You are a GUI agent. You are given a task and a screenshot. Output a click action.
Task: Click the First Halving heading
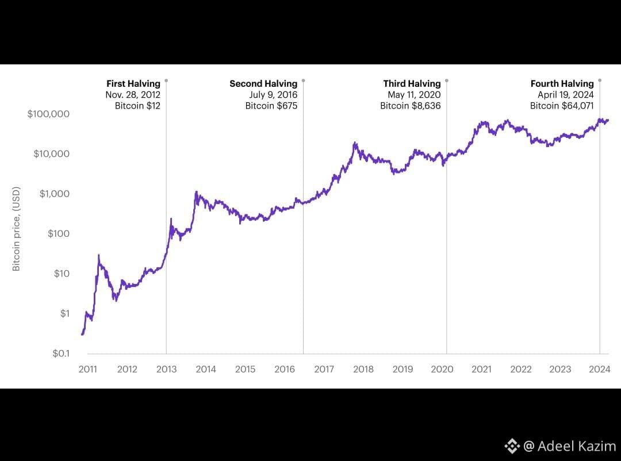point(133,84)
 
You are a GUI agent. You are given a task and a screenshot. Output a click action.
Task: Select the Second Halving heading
point(263,84)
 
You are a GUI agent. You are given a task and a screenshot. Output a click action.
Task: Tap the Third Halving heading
point(412,84)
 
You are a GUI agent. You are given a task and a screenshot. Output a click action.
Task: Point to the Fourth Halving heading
point(562,84)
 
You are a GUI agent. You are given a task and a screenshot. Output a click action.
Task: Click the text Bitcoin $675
point(271,106)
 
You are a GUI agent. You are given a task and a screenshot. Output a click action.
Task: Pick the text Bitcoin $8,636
point(410,106)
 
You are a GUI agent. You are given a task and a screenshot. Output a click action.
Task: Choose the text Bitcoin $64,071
point(561,106)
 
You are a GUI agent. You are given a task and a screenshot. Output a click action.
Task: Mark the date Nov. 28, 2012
point(133,95)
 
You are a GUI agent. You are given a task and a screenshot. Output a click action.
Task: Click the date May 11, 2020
point(414,95)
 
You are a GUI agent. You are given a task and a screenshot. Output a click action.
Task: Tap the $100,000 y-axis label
point(48,114)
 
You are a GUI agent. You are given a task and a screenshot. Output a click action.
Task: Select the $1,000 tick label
point(55,194)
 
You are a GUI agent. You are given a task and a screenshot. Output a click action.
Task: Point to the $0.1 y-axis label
point(60,354)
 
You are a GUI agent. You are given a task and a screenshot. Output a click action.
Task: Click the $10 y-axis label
point(62,274)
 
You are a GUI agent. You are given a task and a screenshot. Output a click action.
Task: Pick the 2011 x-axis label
point(88,369)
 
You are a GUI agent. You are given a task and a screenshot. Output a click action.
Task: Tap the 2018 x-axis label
point(363,369)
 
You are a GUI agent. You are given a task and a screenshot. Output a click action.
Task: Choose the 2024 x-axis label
point(600,369)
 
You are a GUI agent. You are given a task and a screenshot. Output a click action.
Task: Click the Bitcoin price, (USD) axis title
point(17,229)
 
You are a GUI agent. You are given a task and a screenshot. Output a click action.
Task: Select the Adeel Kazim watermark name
point(576,446)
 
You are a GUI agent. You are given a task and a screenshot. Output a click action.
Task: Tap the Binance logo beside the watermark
point(512,446)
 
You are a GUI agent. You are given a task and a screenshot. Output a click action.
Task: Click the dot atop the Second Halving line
point(303,80)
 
